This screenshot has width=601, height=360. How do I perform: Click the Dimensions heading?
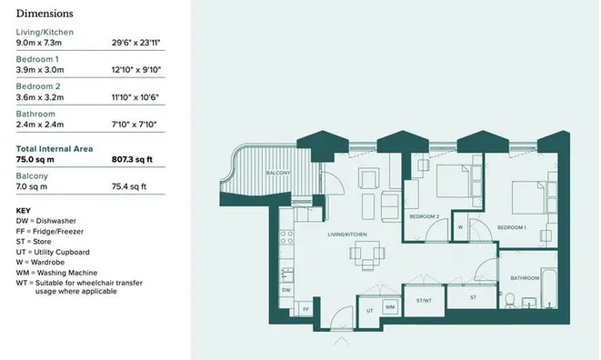pos(45,14)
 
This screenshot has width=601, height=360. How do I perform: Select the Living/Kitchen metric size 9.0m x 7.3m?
pos(39,43)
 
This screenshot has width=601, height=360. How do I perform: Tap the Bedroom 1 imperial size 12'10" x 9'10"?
pos(136,70)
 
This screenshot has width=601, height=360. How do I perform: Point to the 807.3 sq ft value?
pos(132,159)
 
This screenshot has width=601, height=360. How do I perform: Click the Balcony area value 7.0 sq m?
pos(32,186)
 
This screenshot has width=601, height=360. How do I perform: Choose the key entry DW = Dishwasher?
pos(46,221)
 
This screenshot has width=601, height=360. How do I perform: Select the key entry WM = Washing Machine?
pos(56,273)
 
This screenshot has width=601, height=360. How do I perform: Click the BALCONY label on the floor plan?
pos(278,173)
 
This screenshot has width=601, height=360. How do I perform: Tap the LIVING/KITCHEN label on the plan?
pos(347,235)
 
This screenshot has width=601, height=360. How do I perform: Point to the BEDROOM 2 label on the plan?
pos(425,216)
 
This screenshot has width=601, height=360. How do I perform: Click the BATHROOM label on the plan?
pos(525,278)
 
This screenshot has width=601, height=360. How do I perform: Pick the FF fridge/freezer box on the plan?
pos(305,309)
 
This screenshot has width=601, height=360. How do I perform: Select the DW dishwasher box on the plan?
pos(286,290)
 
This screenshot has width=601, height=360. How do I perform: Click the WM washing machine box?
pos(390,307)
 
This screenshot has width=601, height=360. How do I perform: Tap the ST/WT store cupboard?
pos(424,301)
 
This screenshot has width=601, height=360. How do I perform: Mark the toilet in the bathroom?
pos(510,301)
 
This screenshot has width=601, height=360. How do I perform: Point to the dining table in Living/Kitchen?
pos(367,254)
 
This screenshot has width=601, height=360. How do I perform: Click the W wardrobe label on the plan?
pos(460,227)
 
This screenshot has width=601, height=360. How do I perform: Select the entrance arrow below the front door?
pos(342,341)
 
